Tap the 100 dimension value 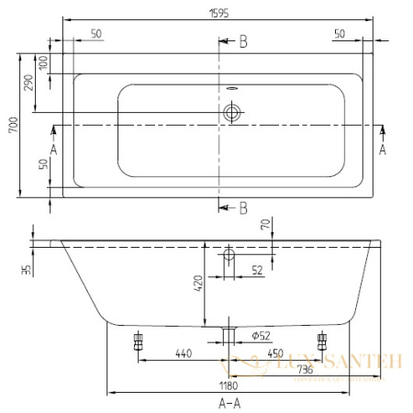pos(43,64)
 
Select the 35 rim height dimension pos(27,270)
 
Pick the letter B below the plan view pos(243,208)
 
